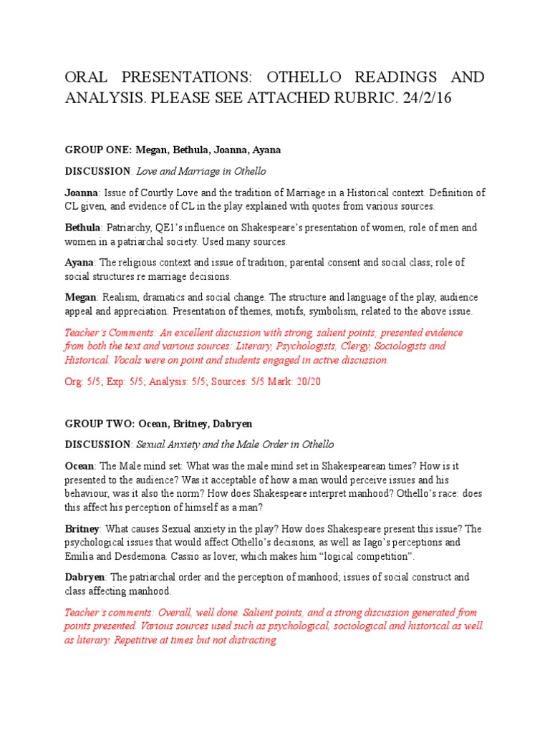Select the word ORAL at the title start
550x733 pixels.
(x=89, y=77)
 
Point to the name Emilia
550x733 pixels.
(x=80, y=555)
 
